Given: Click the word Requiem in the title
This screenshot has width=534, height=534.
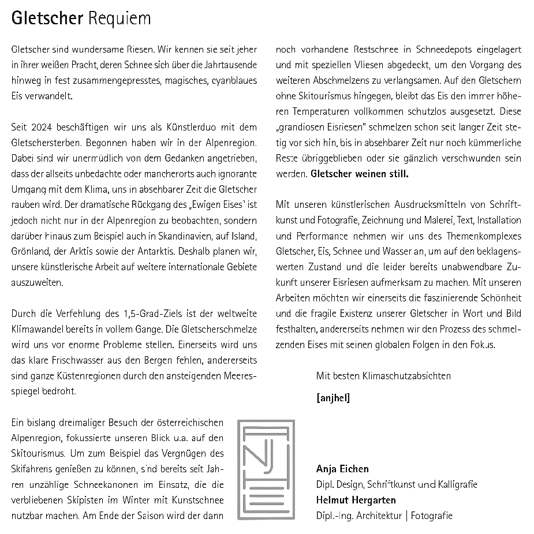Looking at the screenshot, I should pyautogui.click(x=120, y=18).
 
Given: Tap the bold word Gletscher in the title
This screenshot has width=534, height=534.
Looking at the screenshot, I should pyautogui.click(x=47, y=18).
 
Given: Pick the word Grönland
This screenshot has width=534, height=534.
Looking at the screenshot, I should pyautogui.click(x=28, y=252).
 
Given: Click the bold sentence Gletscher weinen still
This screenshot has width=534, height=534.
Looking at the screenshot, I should pyautogui.click(x=359, y=174).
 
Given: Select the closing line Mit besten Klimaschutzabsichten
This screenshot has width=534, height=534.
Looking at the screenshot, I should pyautogui.click(x=383, y=376).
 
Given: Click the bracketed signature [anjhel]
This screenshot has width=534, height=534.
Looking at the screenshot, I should pyautogui.click(x=333, y=398).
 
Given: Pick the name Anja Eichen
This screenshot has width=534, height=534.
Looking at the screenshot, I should pyautogui.click(x=342, y=469).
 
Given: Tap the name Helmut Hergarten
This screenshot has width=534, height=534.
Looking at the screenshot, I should pyautogui.click(x=356, y=500).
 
